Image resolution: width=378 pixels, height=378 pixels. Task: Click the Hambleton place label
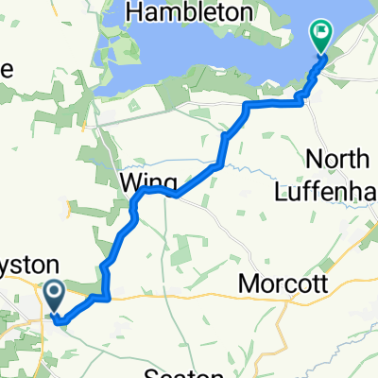pos(194,13)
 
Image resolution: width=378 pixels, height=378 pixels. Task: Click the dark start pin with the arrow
pos(53,295)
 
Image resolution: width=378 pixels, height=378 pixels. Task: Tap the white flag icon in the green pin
pos(322,36)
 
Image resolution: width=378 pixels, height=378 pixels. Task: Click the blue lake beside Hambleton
pos(189,57)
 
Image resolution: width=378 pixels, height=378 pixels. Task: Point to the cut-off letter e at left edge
pos(4,69)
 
